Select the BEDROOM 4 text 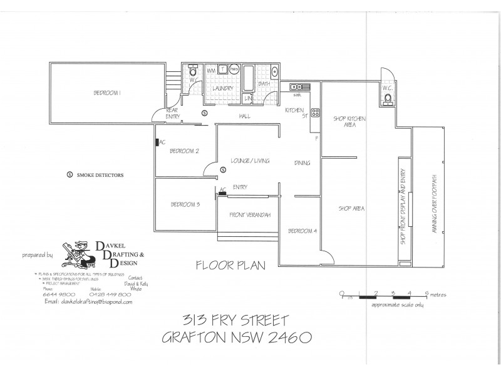[x=302, y=231]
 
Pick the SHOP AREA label [x=351, y=208]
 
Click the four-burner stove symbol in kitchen [x=316, y=114]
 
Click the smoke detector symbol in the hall [x=204, y=113]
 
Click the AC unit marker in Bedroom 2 [x=158, y=142]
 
